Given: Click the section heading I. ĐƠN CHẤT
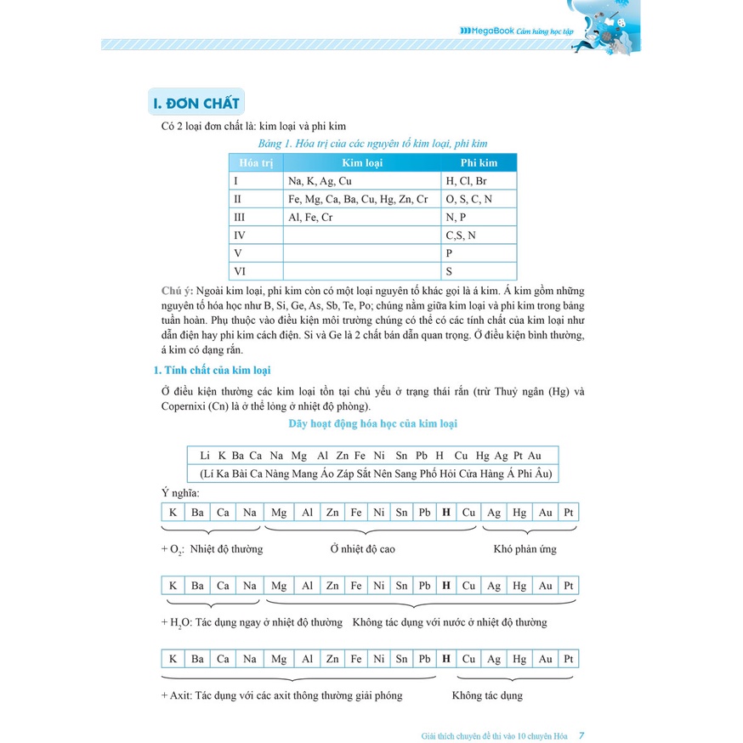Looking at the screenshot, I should click(196, 105).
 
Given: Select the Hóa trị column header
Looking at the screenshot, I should click(255, 162).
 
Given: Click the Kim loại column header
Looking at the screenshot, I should click(362, 162).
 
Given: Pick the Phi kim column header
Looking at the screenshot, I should click(479, 162).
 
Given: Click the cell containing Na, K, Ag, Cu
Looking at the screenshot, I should click(320, 181).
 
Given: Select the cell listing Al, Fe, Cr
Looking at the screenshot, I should click(310, 218).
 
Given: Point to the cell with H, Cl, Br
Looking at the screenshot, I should click(466, 181).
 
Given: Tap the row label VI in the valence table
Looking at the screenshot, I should click(240, 272).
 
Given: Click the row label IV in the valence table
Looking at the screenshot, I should click(240, 235).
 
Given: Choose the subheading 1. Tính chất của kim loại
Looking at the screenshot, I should click(212, 370).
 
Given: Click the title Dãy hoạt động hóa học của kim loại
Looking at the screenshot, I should click(372, 423).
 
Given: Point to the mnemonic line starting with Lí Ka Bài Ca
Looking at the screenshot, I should click(374, 474).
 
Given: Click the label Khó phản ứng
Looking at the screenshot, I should click(525, 549).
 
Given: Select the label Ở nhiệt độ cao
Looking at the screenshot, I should click(363, 549).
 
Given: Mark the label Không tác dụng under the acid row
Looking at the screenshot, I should click(487, 695).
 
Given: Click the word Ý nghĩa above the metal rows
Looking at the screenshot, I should click(180, 493).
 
